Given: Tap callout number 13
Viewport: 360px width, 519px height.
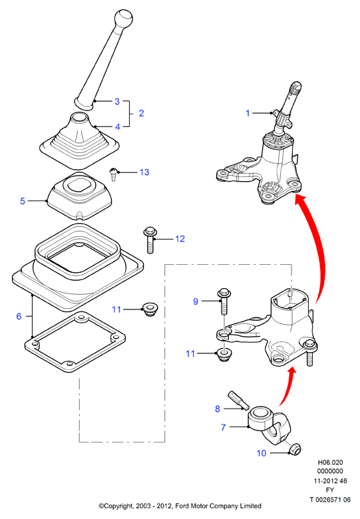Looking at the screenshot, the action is click(144, 172).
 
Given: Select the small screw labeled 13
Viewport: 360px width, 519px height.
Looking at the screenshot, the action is click(114, 174).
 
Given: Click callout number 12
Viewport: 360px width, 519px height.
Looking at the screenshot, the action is click(180, 239).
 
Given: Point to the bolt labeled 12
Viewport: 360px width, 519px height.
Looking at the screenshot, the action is click(150, 240).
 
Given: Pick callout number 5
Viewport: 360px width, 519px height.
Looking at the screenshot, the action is click(23, 201).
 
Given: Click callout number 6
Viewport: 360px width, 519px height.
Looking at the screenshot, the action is click(19, 316).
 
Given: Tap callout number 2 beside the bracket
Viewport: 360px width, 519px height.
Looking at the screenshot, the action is click(141, 113).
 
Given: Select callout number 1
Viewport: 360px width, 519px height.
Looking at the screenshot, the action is click(248, 113).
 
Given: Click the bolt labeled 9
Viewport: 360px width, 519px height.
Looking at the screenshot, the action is click(224, 301).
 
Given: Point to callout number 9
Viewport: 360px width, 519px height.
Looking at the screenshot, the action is click(196, 301).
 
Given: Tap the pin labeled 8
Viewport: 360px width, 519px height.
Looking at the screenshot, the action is click(238, 399).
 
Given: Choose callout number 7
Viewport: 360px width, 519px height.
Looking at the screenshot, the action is click(224, 427).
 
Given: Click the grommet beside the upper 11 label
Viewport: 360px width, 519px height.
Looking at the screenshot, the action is click(150, 309).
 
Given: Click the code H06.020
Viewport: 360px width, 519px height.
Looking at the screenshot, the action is click(330, 462).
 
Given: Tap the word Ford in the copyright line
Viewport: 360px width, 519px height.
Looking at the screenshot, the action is click(183, 506).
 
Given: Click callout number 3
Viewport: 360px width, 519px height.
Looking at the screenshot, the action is click(117, 101).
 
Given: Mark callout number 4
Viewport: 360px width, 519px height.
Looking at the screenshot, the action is click(118, 126).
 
